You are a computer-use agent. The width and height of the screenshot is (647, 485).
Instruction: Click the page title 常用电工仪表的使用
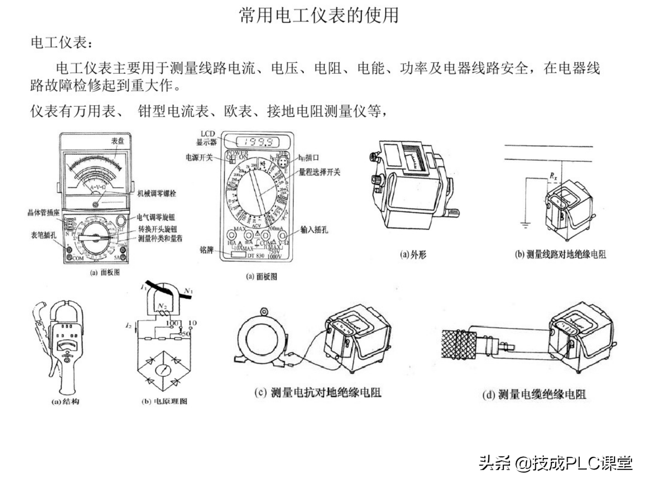[x=319, y=15]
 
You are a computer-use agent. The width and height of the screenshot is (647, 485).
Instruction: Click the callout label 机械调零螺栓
[x=157, y=193]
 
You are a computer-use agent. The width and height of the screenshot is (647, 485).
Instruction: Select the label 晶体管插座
[x=43, y=213]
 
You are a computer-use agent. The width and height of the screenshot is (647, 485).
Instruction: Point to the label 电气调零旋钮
[x=156, y=217]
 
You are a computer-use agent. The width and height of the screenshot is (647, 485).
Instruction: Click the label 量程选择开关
[x=319, y=172]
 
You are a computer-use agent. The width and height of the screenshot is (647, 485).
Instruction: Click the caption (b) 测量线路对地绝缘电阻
[x=560, y=254]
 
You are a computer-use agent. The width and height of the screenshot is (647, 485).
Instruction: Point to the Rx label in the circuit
[x=553, y=176]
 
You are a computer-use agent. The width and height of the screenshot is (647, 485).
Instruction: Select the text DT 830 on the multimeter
[x=256, y=256]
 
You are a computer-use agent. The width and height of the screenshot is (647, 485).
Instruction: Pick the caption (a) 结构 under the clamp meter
[x=65, y=401]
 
